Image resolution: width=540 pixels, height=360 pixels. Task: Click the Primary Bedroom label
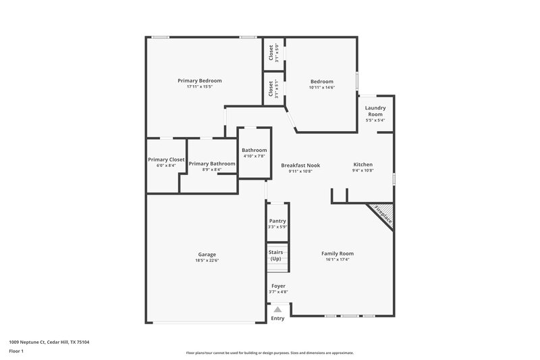pos(199,80)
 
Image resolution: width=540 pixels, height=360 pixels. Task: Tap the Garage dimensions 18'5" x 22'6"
pos(207,261)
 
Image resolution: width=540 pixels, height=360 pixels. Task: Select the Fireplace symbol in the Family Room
pos(381,215)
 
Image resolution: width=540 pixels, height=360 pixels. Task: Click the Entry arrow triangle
pos(277,309)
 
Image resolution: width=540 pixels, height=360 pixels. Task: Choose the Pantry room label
pos(277,221)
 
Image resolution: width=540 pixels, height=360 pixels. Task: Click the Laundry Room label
pos(375,111)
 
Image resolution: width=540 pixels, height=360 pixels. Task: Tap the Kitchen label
pos(362,165)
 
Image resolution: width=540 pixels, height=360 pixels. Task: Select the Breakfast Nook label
pos(300,165)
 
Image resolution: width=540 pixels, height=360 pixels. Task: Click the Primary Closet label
pos(166,160)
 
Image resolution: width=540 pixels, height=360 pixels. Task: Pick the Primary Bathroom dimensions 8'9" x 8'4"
pos(212,170)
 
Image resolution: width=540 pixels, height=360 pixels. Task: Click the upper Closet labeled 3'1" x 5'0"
pos(271,52)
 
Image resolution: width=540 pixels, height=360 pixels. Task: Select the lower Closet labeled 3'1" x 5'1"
pos(271,89)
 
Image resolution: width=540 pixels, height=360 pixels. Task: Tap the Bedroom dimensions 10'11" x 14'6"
pos(321,87)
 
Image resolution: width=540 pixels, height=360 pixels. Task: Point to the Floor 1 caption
pos(17,351)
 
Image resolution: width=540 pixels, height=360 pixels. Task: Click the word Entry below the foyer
pos(277,318)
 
